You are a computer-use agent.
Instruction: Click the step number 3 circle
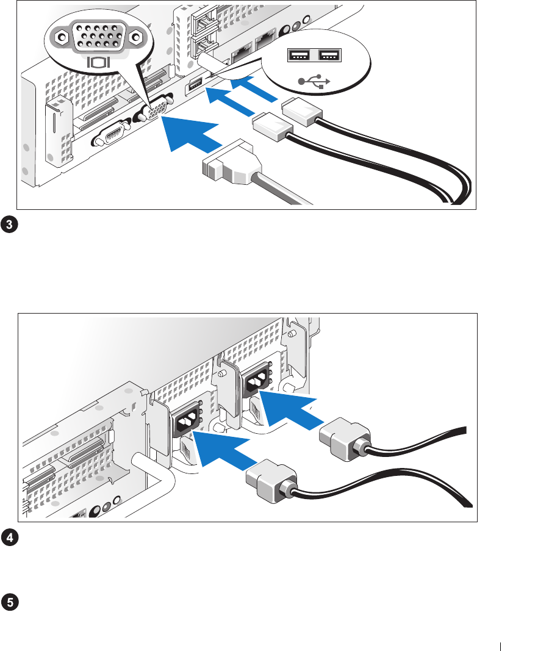pos(10,225)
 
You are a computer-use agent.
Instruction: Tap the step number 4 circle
pos(10,538)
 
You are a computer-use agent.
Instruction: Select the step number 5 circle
pos(10,602)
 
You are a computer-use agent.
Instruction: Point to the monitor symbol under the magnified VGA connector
pos(98,62)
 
